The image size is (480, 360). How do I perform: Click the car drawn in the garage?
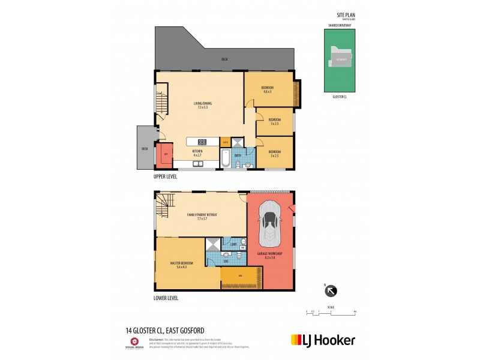coord(270,224)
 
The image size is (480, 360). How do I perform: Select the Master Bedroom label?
coord(187,265)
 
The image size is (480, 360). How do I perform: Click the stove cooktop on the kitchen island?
coord(202,142)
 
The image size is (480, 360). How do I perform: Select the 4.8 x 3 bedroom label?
coord(266,90)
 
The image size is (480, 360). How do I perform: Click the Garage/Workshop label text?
coord(271,256)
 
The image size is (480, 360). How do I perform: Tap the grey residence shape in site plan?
coord(340,60)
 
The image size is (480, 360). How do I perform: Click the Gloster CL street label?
coord(340,97)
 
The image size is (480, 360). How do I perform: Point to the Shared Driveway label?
coord(340,26)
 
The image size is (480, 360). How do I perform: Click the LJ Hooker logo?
coord(323,340)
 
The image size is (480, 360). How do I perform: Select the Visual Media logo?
coord(134,343)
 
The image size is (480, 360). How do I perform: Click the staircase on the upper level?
coord(160,102)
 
